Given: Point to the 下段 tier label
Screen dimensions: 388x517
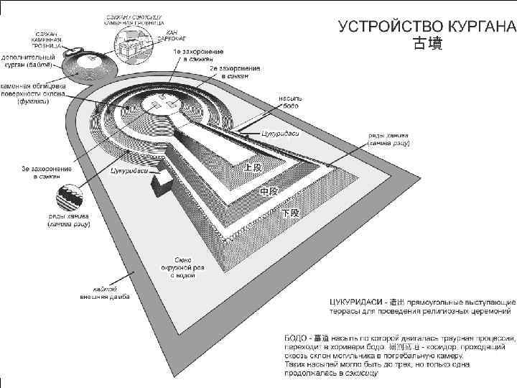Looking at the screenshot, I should click(290, 213).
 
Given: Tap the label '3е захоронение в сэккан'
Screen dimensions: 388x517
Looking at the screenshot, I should click(47, 172).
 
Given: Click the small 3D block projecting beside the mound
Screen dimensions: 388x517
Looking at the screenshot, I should click(159, 179).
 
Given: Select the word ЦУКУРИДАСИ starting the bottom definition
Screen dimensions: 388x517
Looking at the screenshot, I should click(356, 299).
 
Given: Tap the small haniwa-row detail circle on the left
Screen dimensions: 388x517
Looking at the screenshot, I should click(73, 195).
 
